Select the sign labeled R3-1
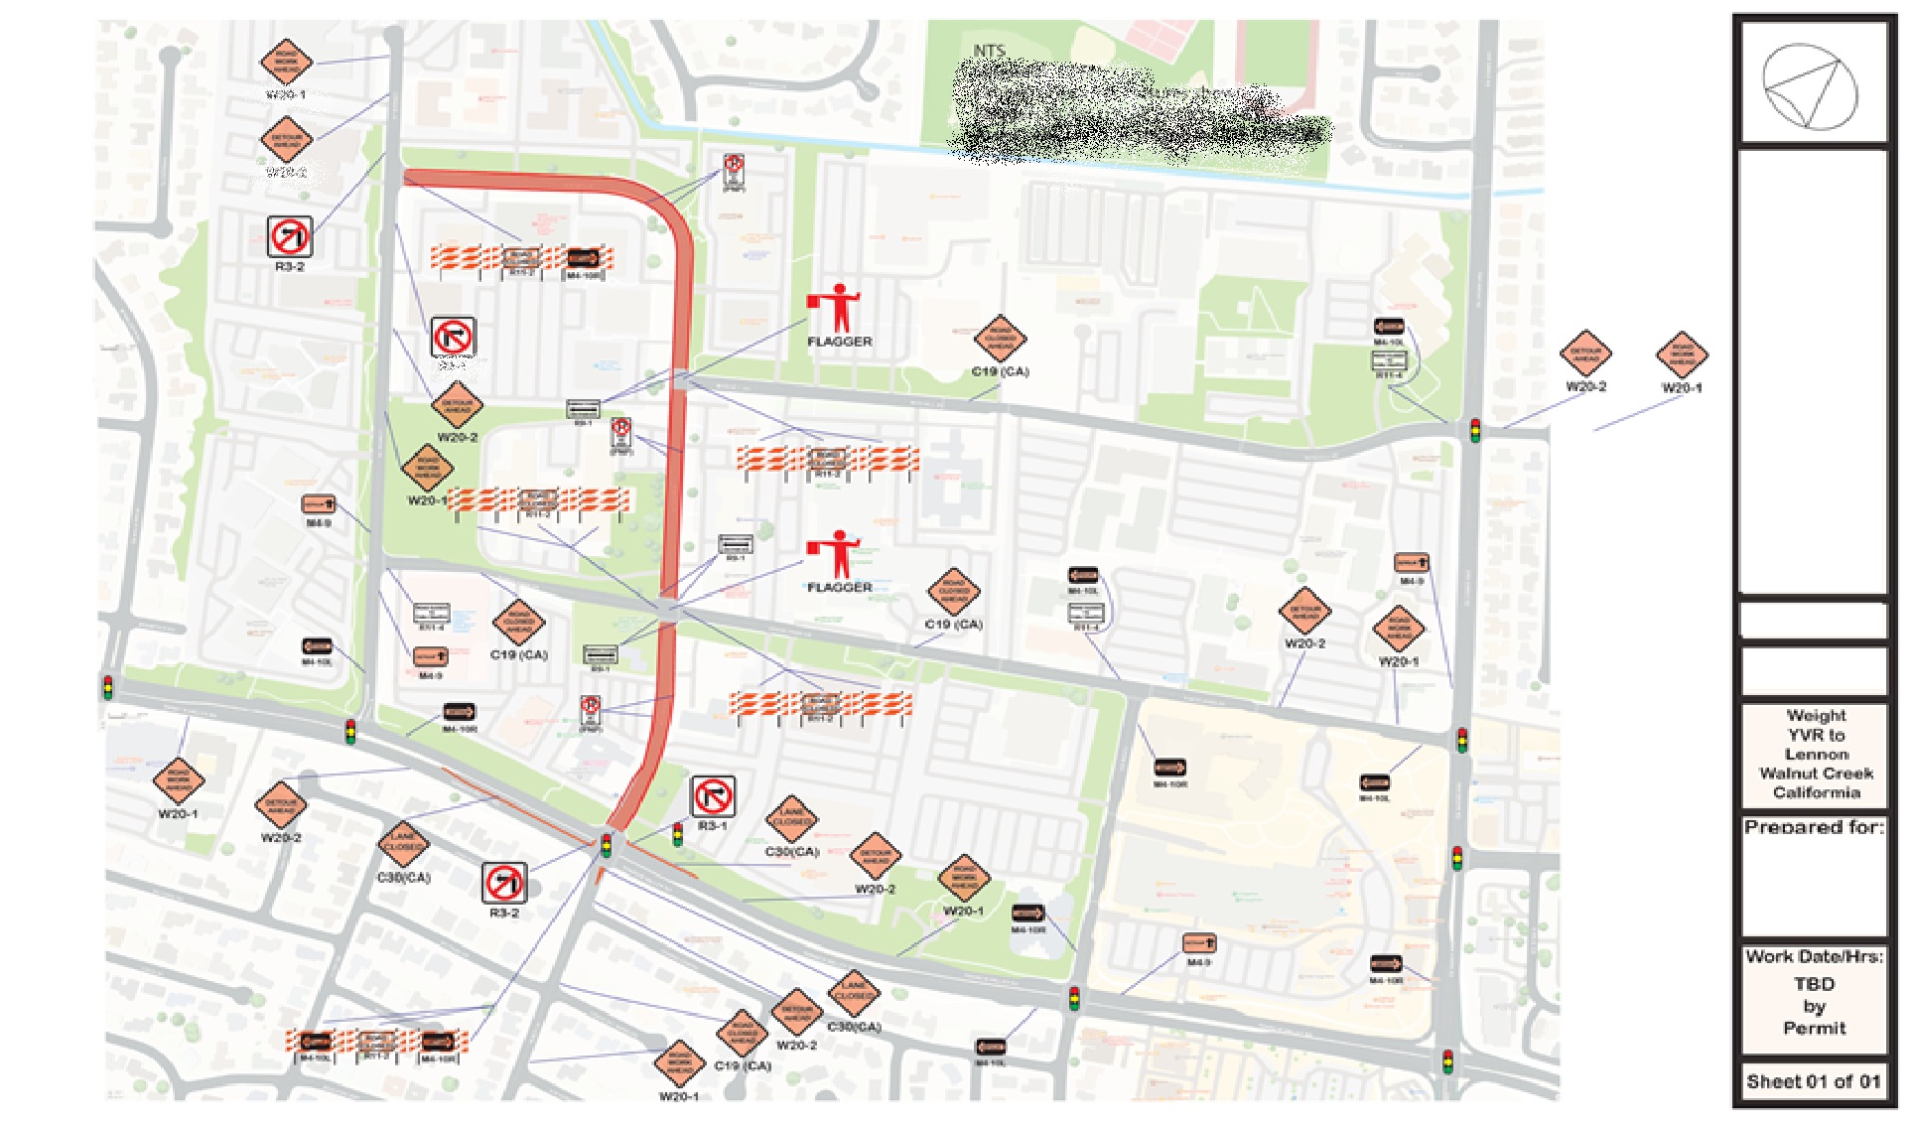click(x=713, y=796)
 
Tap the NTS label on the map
click(x=989, y=50)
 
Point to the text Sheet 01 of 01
click(x=1814, y=1081)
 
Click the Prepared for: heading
click(x=1814, y=827)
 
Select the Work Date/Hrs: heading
click(x=1814, y=956)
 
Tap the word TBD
click(x=1814, y=984)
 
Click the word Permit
click(x=1814, y=1029)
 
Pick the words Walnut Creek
click(x=1816, y=773)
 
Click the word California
click(x=1816, y=792)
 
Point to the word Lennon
click(x=1816, y=754)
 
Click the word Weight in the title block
click(x=1816, y=715)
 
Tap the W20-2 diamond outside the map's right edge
click(x=1585, y=354)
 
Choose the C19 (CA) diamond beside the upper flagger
click(x=1000, y=341)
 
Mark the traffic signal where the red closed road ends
click(x=606, y=845)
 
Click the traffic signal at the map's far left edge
click(x=107, y=686)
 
